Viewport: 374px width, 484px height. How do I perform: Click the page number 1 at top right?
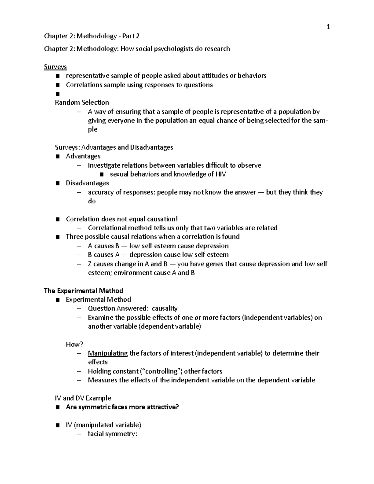328,27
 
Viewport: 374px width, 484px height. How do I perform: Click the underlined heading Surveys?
55,67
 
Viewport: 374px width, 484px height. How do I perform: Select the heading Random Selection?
82,103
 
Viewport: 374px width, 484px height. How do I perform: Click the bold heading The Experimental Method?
83,291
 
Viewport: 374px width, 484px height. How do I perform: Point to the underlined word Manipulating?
108,353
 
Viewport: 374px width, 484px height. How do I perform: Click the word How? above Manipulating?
74,344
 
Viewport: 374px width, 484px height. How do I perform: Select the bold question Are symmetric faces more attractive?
122,407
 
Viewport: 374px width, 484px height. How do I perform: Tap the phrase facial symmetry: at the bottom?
113,434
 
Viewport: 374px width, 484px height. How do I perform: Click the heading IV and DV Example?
83,398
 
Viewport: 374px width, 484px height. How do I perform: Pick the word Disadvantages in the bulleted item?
87,183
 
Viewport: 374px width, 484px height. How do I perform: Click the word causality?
165,309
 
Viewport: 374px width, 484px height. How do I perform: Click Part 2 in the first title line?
131,36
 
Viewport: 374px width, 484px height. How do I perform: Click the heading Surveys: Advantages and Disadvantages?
114,147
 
